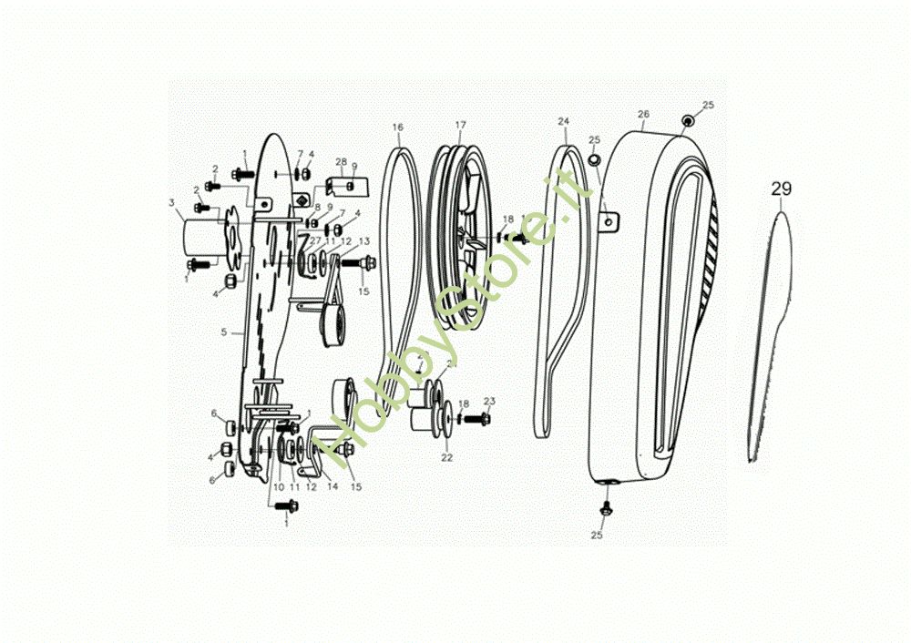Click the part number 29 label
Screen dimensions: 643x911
tap(782, 189)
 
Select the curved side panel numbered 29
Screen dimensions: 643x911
tap(770, 337)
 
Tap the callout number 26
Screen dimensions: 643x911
tap(643, 115)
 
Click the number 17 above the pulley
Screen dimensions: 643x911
tap(460, 124)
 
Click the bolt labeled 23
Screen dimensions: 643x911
tap(481, 419)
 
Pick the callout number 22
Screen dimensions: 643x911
tap(447, 457)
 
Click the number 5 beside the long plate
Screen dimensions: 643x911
tap(223, 332)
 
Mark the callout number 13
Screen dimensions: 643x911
tap(363, 241)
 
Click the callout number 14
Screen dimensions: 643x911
tap(333, 487)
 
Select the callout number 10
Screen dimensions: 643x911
tap(278, 487)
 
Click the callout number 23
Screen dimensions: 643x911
tap(489, 401)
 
